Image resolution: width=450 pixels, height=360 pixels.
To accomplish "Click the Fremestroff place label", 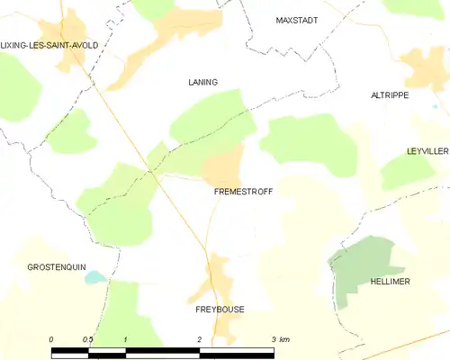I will click(243, 192).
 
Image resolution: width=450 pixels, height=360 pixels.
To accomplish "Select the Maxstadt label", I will click(298, 19).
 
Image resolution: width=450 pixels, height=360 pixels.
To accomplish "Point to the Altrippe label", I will click(390, 94).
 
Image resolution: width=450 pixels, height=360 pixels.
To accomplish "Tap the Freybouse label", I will click(220, 309).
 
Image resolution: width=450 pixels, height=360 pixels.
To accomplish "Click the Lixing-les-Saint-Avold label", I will click(50, 44).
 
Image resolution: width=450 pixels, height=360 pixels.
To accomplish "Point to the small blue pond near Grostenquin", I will click(94, 278).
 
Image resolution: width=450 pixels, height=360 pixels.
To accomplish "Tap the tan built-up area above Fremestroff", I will click(224, 164).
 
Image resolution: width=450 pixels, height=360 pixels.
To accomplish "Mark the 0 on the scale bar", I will click(51, 339).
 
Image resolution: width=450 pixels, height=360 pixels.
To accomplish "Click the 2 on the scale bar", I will click(200, 339).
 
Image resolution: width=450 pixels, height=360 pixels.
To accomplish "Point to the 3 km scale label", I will click(279, 339).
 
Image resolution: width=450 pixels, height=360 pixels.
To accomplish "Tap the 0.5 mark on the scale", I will click(87, 339).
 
